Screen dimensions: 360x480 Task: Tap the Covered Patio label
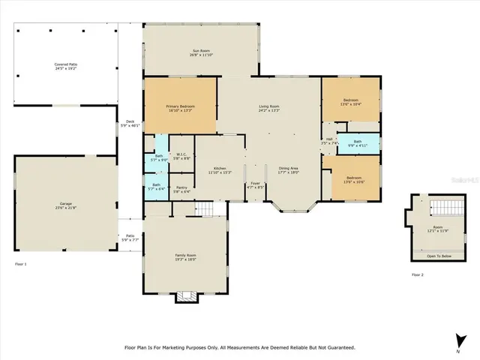click(x=65, y=65)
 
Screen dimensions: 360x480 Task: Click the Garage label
click(x=65, y=205)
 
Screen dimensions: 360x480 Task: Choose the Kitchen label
click(x=220, y=169)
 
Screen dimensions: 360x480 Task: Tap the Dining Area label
click(x=289, y=169)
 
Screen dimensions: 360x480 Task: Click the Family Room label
click(x=185, y=257)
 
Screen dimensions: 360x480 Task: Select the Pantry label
click(x=181, y=188)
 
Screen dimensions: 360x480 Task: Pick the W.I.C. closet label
click(x=181, y=156)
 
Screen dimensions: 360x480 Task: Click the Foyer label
click(x=255, y=182)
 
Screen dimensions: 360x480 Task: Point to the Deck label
click(x=130, y=123)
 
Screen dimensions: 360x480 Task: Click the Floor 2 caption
click(x=418, y=275)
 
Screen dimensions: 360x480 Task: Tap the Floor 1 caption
click(x=20, y=265)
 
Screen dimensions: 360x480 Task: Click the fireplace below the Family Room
click(x=185, y=297)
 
